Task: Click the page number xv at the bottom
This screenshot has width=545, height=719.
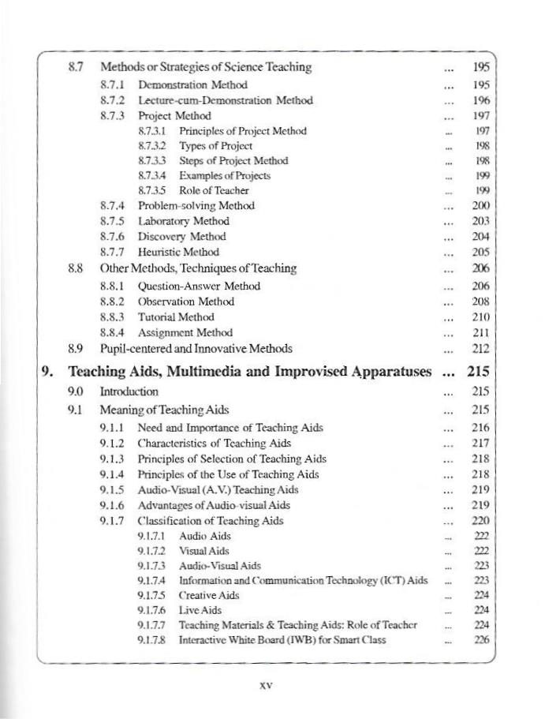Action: (266, 686)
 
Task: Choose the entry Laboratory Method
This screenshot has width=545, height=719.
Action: (183, 221)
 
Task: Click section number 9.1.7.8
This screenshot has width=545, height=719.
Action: (152, 640)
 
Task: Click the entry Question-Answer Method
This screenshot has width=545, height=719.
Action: (199, 286)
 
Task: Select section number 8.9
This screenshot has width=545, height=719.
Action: (77, 348)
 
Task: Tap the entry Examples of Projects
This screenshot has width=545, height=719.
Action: (225, 175)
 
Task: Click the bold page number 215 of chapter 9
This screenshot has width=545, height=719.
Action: (479, 370)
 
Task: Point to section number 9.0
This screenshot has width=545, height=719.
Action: (77, 391)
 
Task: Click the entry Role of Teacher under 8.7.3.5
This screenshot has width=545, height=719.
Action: (214, 190)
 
